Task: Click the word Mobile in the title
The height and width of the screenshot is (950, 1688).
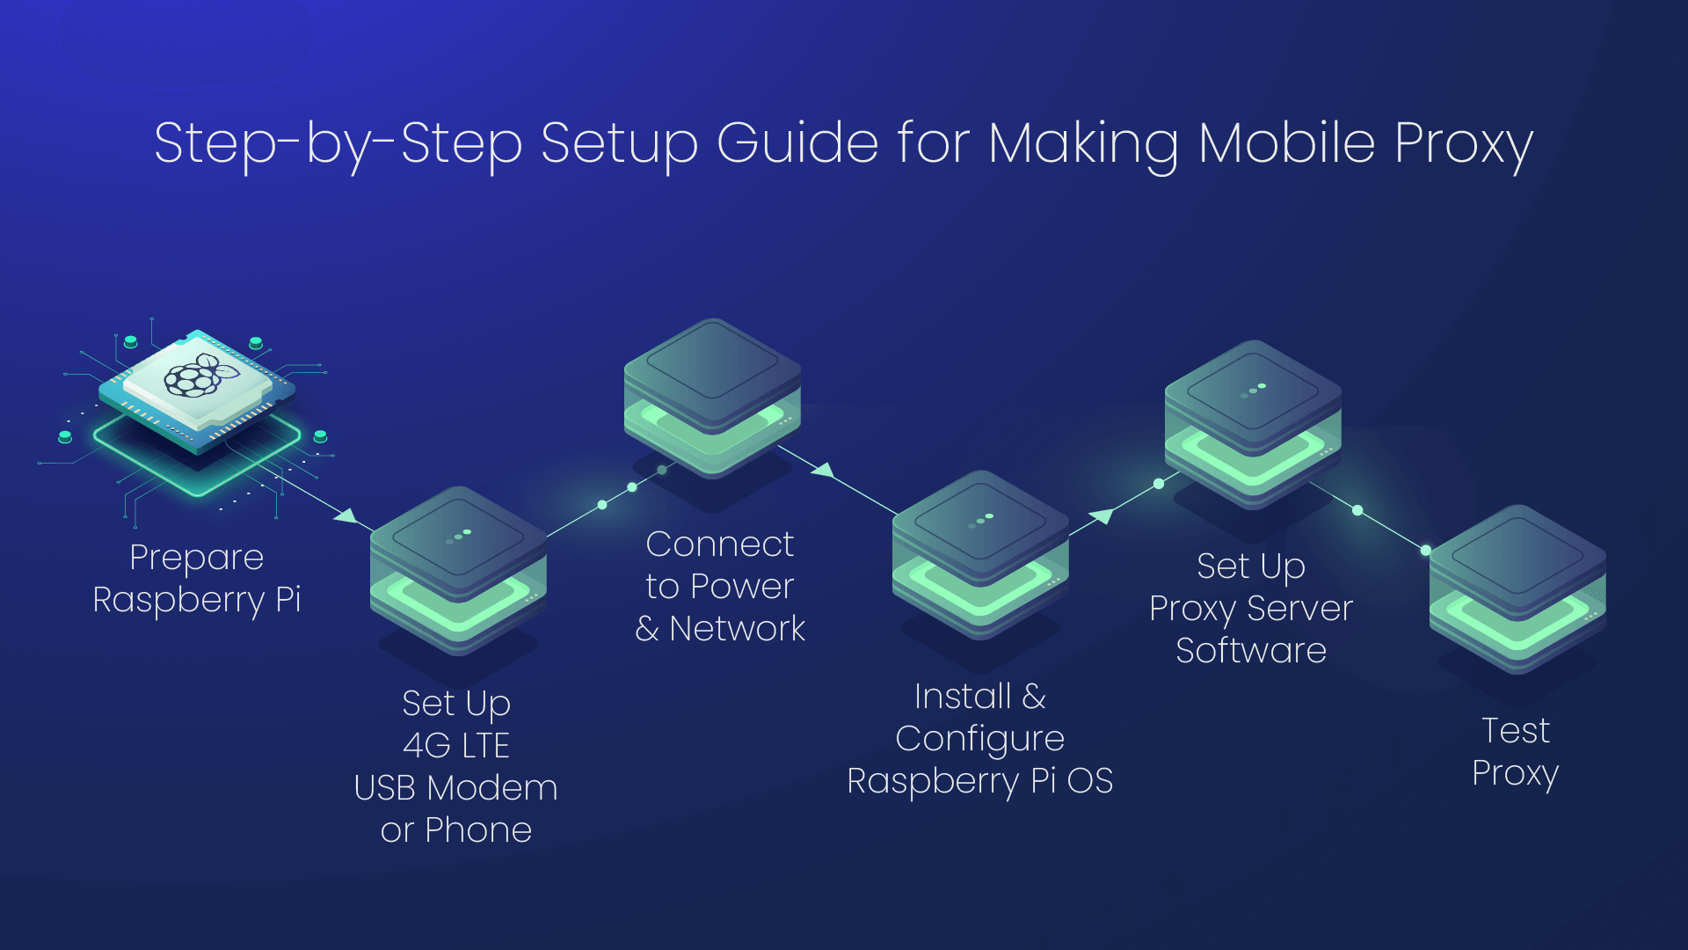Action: click(x=1287, y=142)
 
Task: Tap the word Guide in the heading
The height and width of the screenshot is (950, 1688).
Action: click(x=797, y=142)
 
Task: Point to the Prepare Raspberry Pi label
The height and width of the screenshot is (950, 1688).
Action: click(x=197, y=579)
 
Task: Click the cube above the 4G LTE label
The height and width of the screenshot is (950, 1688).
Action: click(x=458, y=570)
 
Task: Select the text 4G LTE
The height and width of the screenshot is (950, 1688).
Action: click(x=456, y=746)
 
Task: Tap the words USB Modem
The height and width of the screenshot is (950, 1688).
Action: click(x=455, y=788)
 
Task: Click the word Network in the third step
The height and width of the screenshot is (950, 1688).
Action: click(x=737, y=629)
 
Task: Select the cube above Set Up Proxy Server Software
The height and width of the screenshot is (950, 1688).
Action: click(x=1253, y=425)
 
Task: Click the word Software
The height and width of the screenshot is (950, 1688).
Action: click(x=1251, y=651)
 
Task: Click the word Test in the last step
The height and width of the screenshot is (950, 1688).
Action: click(x=1516, y=731)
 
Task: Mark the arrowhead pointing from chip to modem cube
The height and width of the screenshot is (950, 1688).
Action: click(x=346, y=515)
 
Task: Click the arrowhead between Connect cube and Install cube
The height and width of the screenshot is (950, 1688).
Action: click(x=823, y=470)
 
